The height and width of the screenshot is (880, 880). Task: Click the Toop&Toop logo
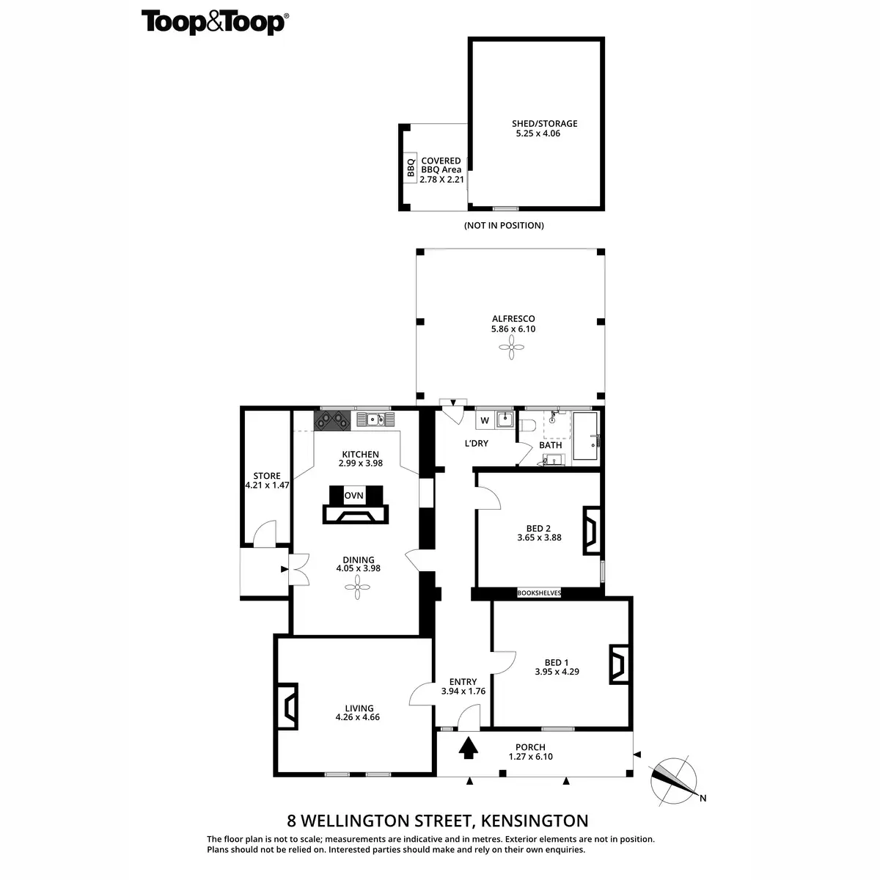[213, 22]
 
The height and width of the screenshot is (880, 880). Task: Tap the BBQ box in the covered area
[411, 169]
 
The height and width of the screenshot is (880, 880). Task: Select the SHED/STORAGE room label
[545, 123]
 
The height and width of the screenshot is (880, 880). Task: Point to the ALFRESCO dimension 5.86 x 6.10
[513, 329]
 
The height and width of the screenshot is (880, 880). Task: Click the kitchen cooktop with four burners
[331, 420]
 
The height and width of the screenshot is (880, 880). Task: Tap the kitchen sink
[376, 419]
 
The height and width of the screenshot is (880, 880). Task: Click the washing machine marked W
[485, 420]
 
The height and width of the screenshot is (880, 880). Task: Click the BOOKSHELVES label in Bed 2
[539, 593]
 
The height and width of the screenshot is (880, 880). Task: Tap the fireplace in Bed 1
[617, 665]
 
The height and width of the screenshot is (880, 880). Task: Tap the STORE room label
[267, 476]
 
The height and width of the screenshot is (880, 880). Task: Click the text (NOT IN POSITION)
[504, 225]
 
